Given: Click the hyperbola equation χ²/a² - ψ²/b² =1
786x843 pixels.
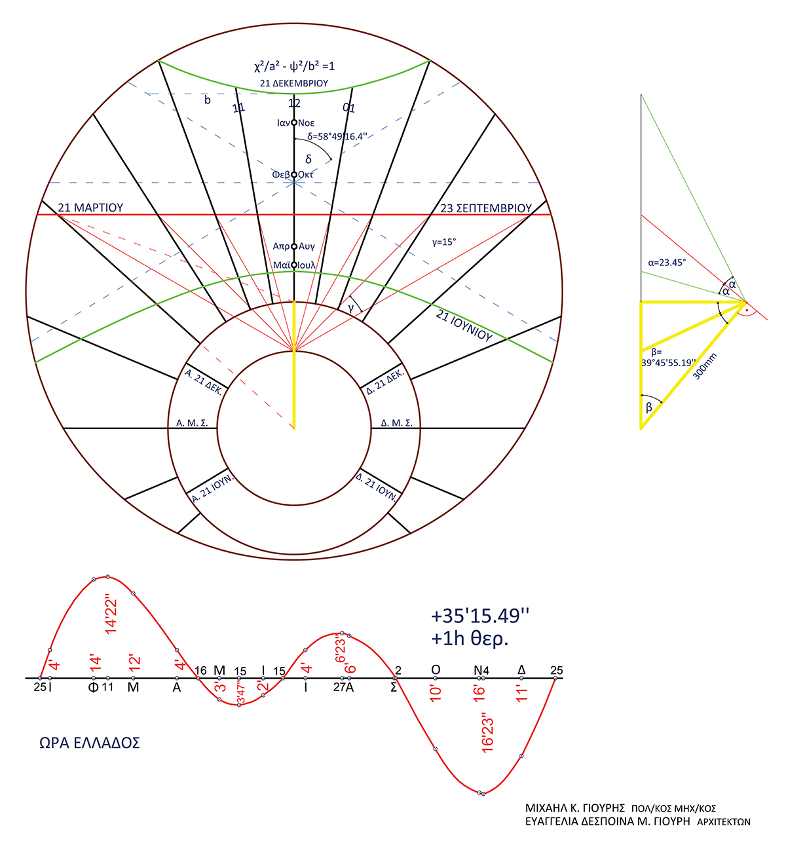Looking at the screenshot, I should pyautogui.click(x=294, y=67).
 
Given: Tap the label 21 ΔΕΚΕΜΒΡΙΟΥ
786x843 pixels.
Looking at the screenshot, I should pyautogui.click(x=294, y=84).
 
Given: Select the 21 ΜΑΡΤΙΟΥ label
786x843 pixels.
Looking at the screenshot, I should pyautogui.click(x=90, y=208).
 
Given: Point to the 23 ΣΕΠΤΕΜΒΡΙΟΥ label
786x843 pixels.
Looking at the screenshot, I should pyautogui.click(x=485, y=208).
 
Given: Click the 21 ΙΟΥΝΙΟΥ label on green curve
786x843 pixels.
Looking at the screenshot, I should pyautogui.click(x=464, y=326).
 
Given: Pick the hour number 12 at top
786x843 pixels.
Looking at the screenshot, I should pyautogui.click(x=294, y=103).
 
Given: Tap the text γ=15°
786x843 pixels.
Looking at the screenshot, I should pyautogui.click(x=444, y=242).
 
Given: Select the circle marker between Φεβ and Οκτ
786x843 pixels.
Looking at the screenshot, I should pyautogui.click(x=294, y=174).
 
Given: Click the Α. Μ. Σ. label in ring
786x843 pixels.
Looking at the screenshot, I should pyautogui.click(x=192, y=423).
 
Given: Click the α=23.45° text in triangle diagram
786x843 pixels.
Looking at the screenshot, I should pyautogui.click(x=666, y=262).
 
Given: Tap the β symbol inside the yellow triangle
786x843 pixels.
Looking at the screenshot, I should pyautogui.click(x=649, y=407).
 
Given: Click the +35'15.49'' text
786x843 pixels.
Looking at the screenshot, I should pyautogui.click(x=479, y=616).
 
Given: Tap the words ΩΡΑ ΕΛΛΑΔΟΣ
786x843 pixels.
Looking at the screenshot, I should pyautogui.click(x=90, y=743).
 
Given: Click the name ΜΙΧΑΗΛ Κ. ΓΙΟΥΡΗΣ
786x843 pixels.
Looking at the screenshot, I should pyautogui.click(x=575, y=808).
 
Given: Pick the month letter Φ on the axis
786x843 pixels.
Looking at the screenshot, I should pyautogui.click(x=94, y=688).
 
